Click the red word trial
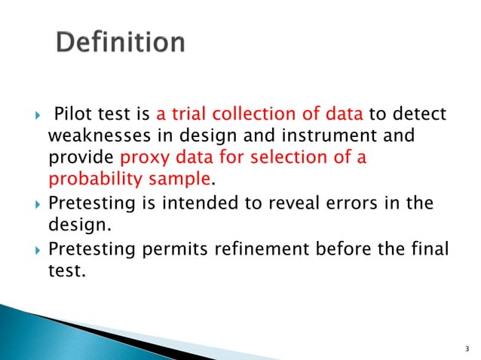[187, 115]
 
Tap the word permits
[183, 249]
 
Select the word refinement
[268, 249]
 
